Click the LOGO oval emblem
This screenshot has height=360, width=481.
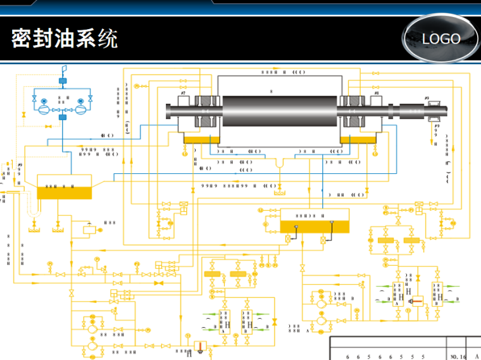tap(441, 39)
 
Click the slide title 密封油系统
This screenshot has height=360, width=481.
tap(65, 39)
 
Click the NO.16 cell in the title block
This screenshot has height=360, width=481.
tap(458, 356)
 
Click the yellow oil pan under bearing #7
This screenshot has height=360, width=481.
tap(201, 139)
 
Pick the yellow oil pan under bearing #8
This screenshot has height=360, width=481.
tap(358, 139)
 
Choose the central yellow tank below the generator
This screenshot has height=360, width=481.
tap(315, 226)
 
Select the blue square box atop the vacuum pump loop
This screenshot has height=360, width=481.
tap(63, 81)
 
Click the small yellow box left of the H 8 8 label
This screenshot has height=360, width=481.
tap(89, 229)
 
